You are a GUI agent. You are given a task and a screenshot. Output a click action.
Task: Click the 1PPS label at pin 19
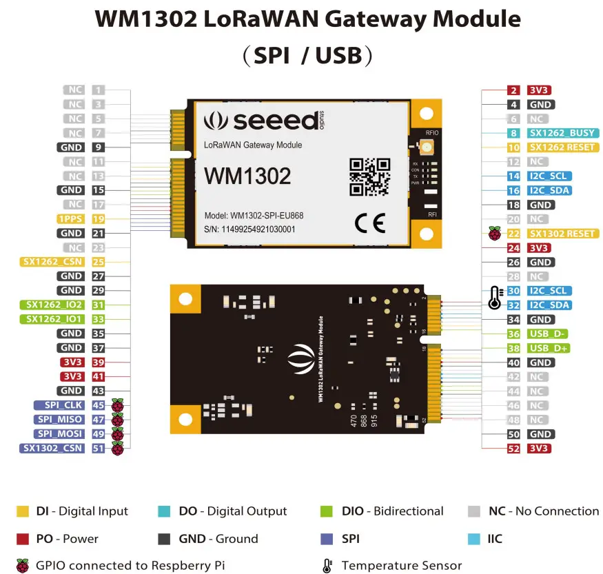[x=72, y=219]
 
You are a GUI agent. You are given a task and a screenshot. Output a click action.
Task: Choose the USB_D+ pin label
[x=549, y=348]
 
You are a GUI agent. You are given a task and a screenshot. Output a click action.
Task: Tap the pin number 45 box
[x=99, y=405]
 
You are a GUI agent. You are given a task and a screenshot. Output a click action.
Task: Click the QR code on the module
[x=369, y=176]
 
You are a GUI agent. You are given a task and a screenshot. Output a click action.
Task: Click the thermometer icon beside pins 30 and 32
[x=493, y=298]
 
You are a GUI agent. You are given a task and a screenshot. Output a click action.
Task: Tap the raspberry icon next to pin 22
[x=494, y=234]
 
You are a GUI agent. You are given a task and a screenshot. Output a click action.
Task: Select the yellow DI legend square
[x=23, y=511]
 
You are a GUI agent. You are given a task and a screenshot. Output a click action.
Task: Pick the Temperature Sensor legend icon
[x=327, y=566]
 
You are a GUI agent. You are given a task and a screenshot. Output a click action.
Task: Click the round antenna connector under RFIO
[x=427, y=147]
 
